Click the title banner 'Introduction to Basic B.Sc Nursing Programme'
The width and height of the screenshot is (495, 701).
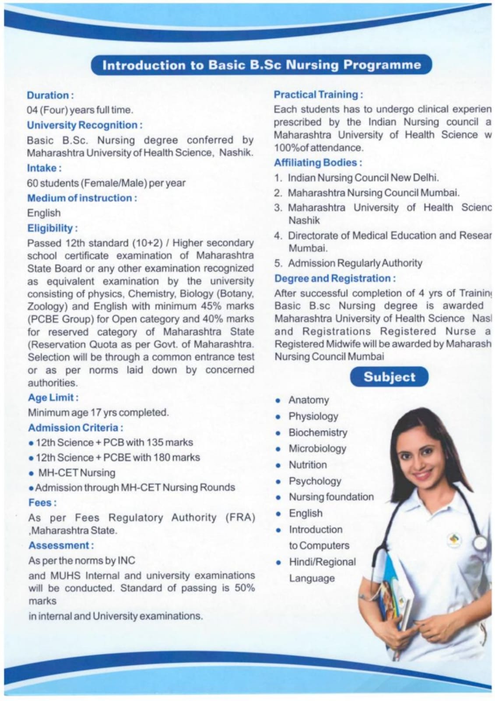(261, 65)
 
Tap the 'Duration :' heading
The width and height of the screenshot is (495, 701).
(50, 95)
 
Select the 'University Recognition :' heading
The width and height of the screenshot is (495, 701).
(84, 125)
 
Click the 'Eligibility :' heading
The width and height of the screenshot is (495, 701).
(53, 228)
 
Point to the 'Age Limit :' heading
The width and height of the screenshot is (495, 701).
(53, 397)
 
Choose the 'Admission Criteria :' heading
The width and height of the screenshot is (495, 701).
(75, 427)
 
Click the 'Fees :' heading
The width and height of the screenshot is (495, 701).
(42, 503)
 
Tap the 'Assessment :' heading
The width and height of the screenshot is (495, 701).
(61, 545)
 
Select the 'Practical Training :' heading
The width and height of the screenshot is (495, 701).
(318, 94)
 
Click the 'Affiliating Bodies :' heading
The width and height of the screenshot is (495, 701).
(318, 163)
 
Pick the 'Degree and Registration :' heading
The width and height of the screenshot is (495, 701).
(335, 278)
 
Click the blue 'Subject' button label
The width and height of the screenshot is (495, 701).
(389, 377)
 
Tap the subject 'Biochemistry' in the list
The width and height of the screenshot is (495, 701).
(318, 432)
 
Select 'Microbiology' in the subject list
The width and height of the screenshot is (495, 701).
(317, 449)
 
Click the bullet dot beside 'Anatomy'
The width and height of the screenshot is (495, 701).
(278, 400)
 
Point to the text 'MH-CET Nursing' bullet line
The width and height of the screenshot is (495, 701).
(77, 473)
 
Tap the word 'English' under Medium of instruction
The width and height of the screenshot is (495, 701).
(44, 213)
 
